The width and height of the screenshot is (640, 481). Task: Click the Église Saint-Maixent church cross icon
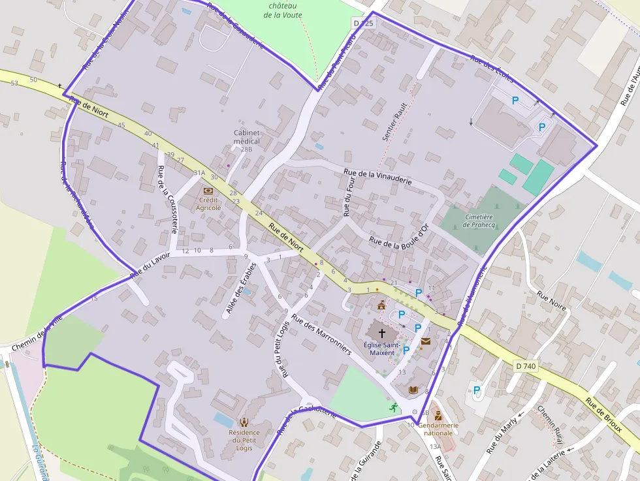click(382, 333)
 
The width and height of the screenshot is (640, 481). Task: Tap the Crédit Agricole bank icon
click(208, 191)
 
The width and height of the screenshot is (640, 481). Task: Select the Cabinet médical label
click(247, 137)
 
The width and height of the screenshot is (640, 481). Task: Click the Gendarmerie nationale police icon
click(438, 416)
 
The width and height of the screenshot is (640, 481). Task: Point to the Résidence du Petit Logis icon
click(244, 422)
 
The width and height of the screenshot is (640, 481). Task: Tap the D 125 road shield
click(364, 23)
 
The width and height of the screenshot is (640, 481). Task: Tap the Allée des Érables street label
click(238, 294)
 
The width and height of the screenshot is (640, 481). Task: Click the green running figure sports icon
click(394, 407)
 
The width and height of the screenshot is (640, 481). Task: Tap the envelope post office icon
click(426, 341)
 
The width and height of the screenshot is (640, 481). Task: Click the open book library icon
click(413, 390)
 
